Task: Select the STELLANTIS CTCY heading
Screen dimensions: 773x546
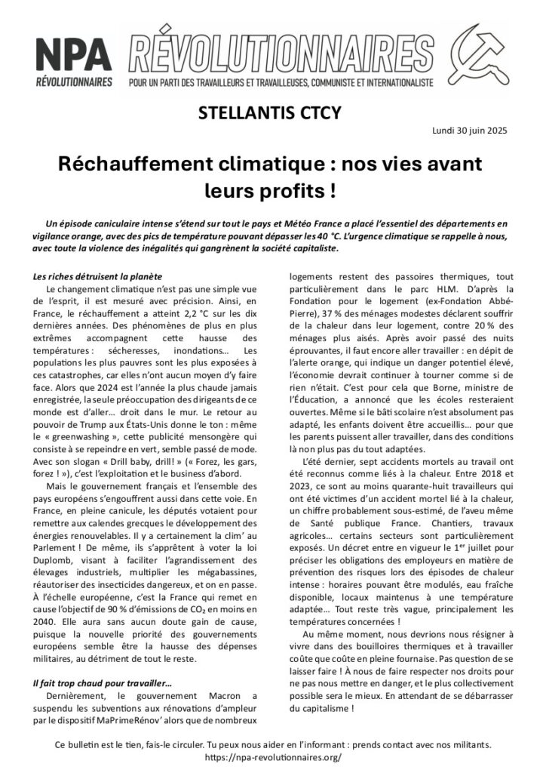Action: pos(270,114)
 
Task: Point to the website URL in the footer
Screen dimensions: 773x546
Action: pos(272,756)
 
